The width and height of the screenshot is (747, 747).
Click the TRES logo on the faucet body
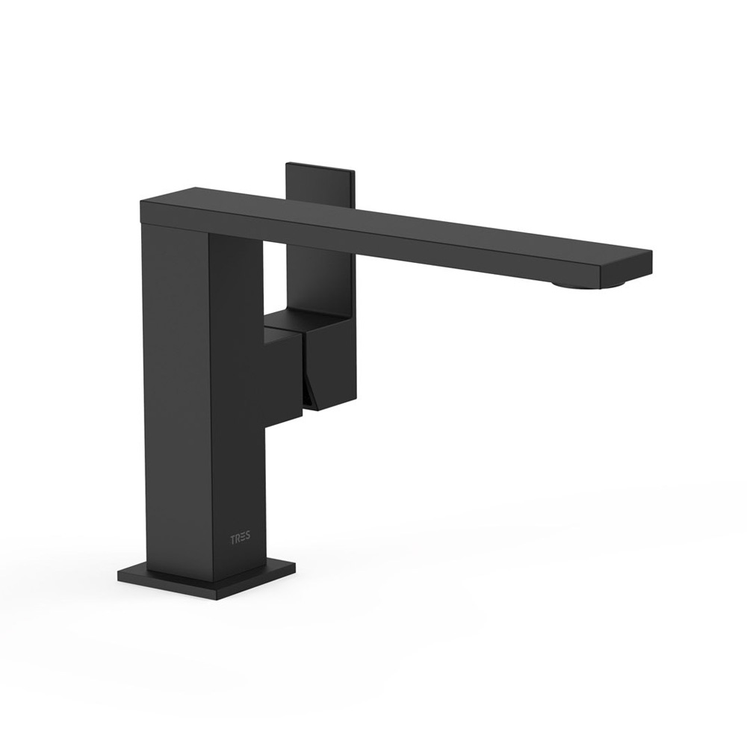pyautogui.click(x=241, y=540)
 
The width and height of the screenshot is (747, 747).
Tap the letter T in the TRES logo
pyautogui.click(x=233, y=540)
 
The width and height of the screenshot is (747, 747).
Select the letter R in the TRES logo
pyautogui.click(x=238, y=540)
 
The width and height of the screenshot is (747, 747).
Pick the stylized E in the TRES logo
pyautogui.click(x=243, y=540)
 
